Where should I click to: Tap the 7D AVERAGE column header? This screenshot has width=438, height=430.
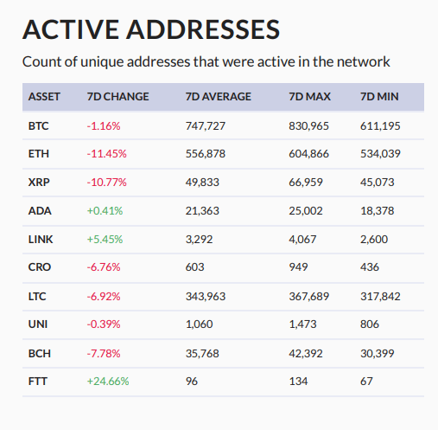pyautogui.click(x=218, y=97)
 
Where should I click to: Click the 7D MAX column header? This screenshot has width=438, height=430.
pyautogui.click(x=308, y=97)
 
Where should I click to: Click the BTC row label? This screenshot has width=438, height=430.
pyautogui.click(x=38, y=125)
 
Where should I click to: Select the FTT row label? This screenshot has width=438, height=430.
pyautogui.click(x=37, y=380)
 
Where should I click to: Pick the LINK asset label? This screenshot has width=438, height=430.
pyautogui.click(x=40, y=239)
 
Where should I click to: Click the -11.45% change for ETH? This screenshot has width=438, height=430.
pyautogui.click(x=106, y=154)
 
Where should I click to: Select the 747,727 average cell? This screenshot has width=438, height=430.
pyautogui.click(x=206, y=125)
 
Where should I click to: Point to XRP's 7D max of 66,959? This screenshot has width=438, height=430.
pyautogui.click(x=306, y=183)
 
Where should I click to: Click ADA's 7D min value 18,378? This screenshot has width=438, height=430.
pyautogui.click(x=378, y=210)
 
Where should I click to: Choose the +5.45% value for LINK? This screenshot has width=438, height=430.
pyautogui.click(x=105, y=239)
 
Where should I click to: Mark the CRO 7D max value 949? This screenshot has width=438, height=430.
pyautogui.click(x=298, y=267)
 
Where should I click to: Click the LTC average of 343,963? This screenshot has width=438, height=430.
pyautogui.click(x=206, y=296)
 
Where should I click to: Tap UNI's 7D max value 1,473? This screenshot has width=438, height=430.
pyautogui.click(x=302, y=324)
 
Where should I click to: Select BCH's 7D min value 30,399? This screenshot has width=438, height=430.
pyautogui.click(x=378, y=352)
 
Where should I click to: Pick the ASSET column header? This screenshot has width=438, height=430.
pyautogui.click(x=44, y=97)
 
